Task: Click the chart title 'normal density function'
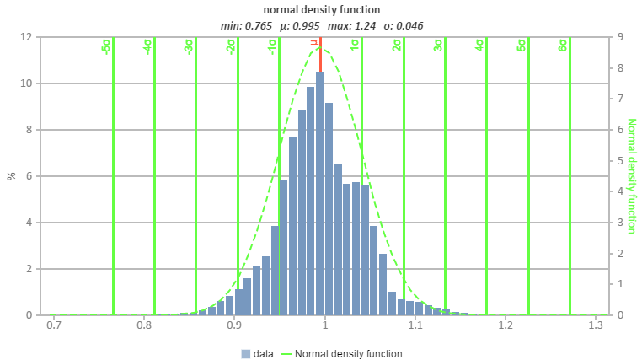[x=321, y=10]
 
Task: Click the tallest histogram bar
[x=319, y=194]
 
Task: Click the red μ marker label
[x=314, y=42]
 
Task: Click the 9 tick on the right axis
[x=619, y=37]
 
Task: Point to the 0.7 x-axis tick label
[x=53, y=325]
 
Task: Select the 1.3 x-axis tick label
[x=596, y=325]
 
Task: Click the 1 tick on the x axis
[x=324, y=325]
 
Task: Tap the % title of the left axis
[x=12, y=175]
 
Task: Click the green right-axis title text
[x=630, y=176]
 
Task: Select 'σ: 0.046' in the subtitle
[x=403, y=25]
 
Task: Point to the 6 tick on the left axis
[x=29, y=176]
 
